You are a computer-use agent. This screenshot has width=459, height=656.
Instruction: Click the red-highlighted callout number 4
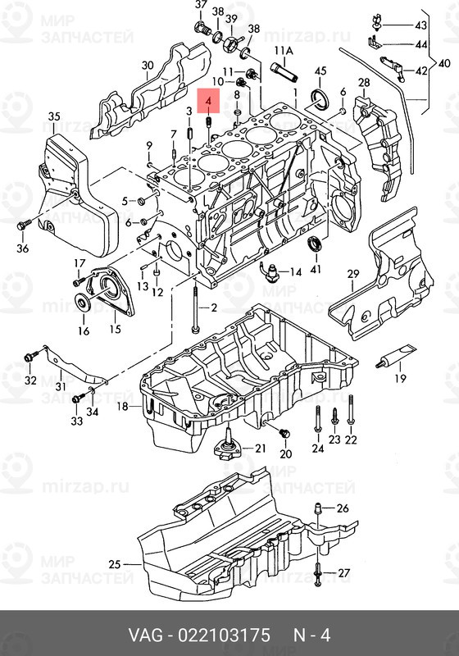(208, 101)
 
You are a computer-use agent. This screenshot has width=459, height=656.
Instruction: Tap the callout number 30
(148, 66)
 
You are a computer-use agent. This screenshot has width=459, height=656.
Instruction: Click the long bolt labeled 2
(195, 308)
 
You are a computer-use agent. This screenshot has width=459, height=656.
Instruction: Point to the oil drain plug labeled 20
(284, 433)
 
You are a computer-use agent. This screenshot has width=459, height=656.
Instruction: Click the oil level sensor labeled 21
(228, 446)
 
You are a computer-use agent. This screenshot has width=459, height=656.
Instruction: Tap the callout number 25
(115, 564)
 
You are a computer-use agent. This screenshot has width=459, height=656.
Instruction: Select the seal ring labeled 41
(316, 244)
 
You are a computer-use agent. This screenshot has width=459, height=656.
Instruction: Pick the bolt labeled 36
(23, 225)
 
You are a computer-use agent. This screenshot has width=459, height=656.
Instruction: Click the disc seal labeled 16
(80, 303)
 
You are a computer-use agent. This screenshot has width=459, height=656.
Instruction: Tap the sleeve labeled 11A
(284, 72)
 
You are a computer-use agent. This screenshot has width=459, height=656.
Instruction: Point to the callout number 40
(444, 64)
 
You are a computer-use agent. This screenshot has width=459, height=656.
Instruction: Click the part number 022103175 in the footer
(224, 635)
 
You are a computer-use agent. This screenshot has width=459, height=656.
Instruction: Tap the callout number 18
(122, 406)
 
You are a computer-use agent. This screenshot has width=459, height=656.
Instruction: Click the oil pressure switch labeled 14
(270, 271)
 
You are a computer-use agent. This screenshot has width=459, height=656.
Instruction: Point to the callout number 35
(54, 116)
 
